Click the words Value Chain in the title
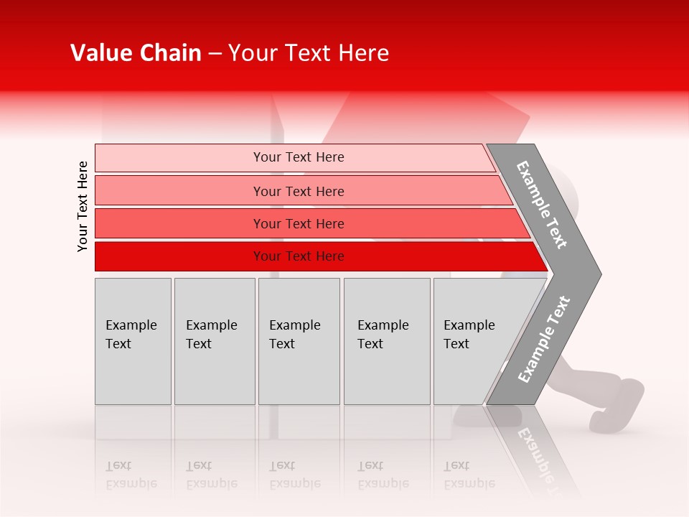coord(136,53)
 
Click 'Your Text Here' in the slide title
coord(309,53)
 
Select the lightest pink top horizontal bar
coord(179,158)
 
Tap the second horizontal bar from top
coord(179,191)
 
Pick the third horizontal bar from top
coord(179,223)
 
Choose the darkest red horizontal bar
coord(179,256)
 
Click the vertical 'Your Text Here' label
coord(83,206)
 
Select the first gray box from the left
coord(133,341)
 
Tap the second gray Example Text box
coord(214,341)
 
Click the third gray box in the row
coord(299,341)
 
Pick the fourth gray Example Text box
coord(387,341)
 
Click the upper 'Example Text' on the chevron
coord(542,205)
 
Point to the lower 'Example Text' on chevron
coord(544,339)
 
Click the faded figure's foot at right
coord(617,406)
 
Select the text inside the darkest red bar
coord(299,256)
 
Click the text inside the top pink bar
coord(299,157)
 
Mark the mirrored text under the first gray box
coord(131,475)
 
